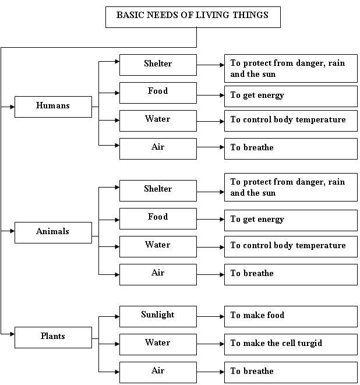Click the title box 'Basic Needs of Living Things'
click(x=193, y=17)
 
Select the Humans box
click(x=53, y=107)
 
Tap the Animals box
click(x=53, y=232)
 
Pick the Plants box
click(x=53, y=337)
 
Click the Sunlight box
click(x=158, y=316)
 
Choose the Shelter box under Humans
click(x=158, y=65)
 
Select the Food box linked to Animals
click(x=158, y=218)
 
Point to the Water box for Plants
click(x=158, y=344)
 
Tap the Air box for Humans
click(x=158, y=149)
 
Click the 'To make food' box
click(x=291, y=316)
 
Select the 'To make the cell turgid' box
click(x=291, y=344)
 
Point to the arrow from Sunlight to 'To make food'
click(x=210, y=317)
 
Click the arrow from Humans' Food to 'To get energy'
click(x=210, y=96)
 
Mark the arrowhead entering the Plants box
click(x=12, y=334)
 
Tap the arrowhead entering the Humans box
click(x=12, y=107)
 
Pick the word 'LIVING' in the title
click(x=213, y=15)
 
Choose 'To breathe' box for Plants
click(x=291, y=372)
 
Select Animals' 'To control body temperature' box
click(x=291, y=246)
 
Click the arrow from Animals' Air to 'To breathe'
click(x=210, y=275)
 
